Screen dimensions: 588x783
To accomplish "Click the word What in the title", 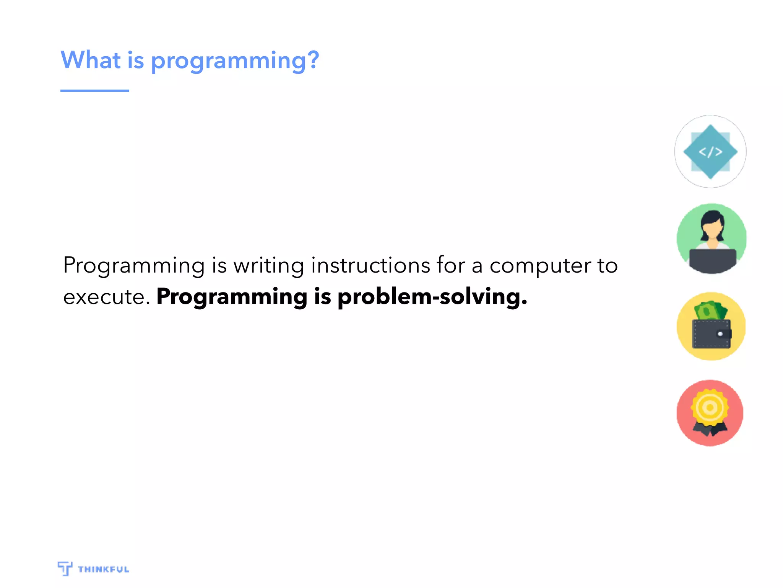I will coord(91,60).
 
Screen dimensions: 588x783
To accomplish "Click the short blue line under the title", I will coord(94,91).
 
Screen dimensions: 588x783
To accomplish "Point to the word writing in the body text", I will coord(269,266).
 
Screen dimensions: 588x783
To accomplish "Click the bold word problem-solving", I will coord(432,297).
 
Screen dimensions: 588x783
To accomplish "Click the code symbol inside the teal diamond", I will coord(710,152).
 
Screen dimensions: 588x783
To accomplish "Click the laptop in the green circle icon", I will coord(712,260).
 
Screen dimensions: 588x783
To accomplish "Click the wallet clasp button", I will coord(720,334).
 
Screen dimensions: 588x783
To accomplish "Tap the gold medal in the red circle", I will coord(710,407).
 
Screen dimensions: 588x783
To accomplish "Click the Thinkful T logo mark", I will coord(65,568).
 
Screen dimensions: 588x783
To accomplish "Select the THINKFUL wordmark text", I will coord(103,569).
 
